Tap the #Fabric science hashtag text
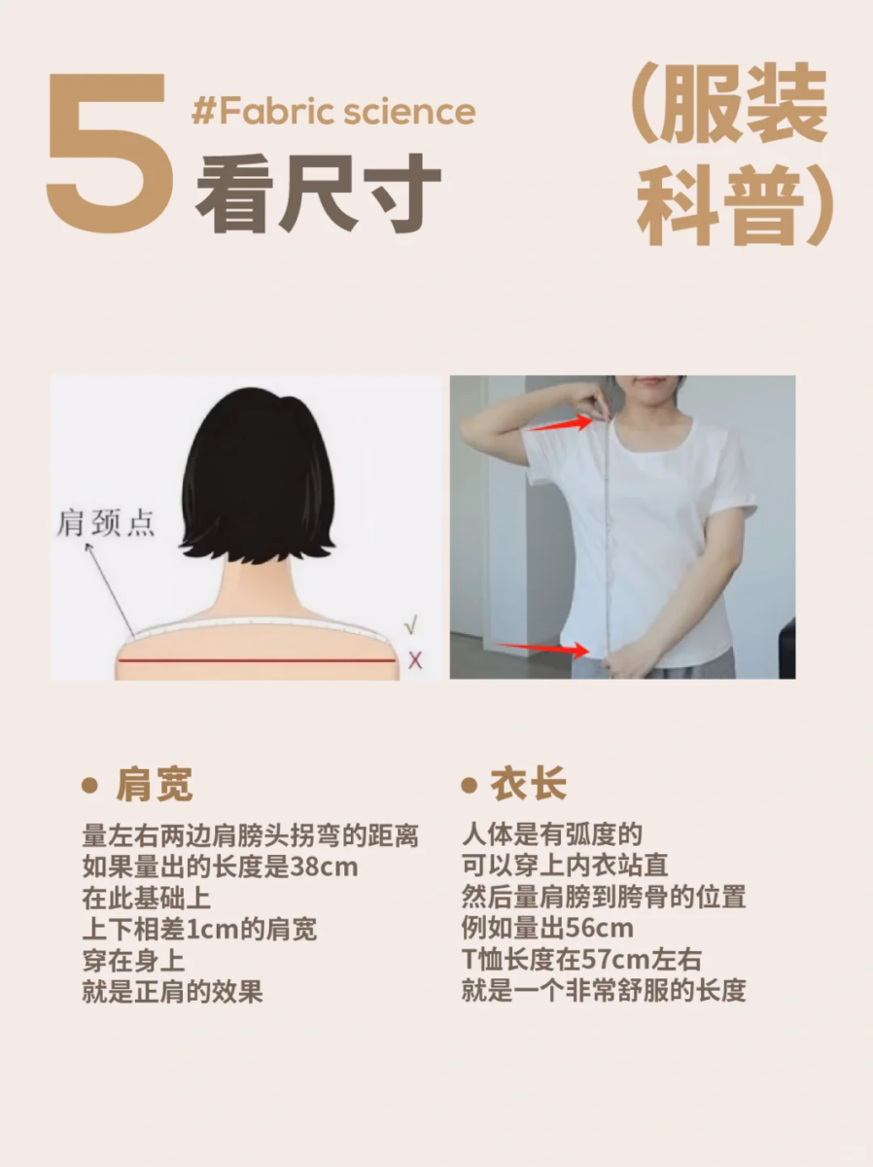(333, 112)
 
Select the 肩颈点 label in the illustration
(106, 525)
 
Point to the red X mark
(415, 660)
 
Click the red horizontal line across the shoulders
(257, 660)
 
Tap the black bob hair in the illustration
(258, 477)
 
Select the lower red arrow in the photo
(543, 649)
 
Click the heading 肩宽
(155, 786)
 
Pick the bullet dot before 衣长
(470, 786)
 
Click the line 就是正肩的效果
(173, 991)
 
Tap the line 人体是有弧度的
(552, 834)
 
